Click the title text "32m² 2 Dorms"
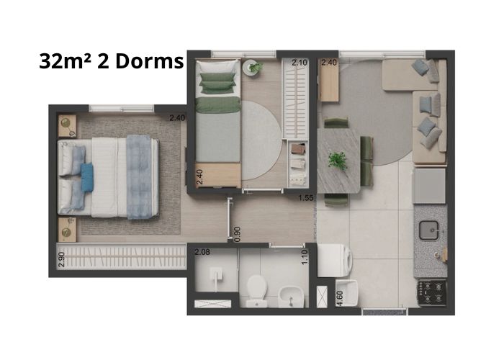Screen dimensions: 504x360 (111, 61)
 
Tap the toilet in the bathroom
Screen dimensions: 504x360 (256, 291)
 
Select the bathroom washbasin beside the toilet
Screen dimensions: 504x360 (291, 297)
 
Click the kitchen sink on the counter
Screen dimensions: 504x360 (429, 230)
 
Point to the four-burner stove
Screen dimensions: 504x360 (432, 292)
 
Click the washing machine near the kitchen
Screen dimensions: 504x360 (334, 261)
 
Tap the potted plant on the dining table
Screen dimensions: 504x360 (337, 161)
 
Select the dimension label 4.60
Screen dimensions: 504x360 (339, 299)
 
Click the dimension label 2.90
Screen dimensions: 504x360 (62, 259)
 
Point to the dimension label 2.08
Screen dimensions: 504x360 (202, 252)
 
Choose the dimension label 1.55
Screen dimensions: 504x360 (306, 198)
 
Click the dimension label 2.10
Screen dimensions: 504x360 (300, 63)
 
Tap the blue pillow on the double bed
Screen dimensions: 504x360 (87, 177)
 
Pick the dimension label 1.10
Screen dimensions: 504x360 (305, 257)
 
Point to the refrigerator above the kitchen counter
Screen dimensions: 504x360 (429, 186)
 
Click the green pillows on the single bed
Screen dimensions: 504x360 (217, 84)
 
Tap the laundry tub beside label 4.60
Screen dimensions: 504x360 (347, 293)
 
